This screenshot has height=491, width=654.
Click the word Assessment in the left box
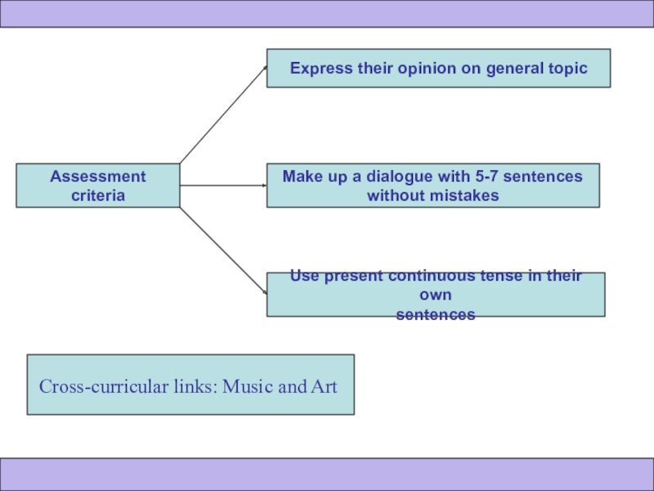[98, 176]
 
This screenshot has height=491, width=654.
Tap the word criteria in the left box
[98, 196]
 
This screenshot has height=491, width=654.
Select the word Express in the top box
[320, 68]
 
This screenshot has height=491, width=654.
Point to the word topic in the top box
[567, 68]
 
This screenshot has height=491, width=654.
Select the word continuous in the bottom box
[434, 276]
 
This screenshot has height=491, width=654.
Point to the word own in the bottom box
[436, 295]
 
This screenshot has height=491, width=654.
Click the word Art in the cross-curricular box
[324, 385]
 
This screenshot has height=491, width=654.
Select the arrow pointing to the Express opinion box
[223, 115]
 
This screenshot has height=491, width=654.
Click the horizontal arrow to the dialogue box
[223, 186]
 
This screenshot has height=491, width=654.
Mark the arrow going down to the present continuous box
[223, 250]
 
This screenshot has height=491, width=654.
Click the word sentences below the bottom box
[436, 314]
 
